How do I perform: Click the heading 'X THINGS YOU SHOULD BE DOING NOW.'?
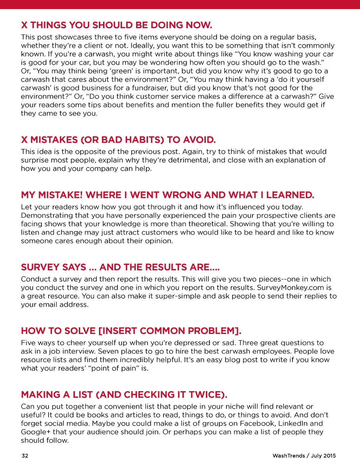click(116, 25)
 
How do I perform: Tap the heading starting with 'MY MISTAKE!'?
click(167, 195)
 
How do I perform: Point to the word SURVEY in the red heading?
click(36, 267)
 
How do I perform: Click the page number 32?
click(25, 456)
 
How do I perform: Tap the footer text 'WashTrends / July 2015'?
click(304, 456)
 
